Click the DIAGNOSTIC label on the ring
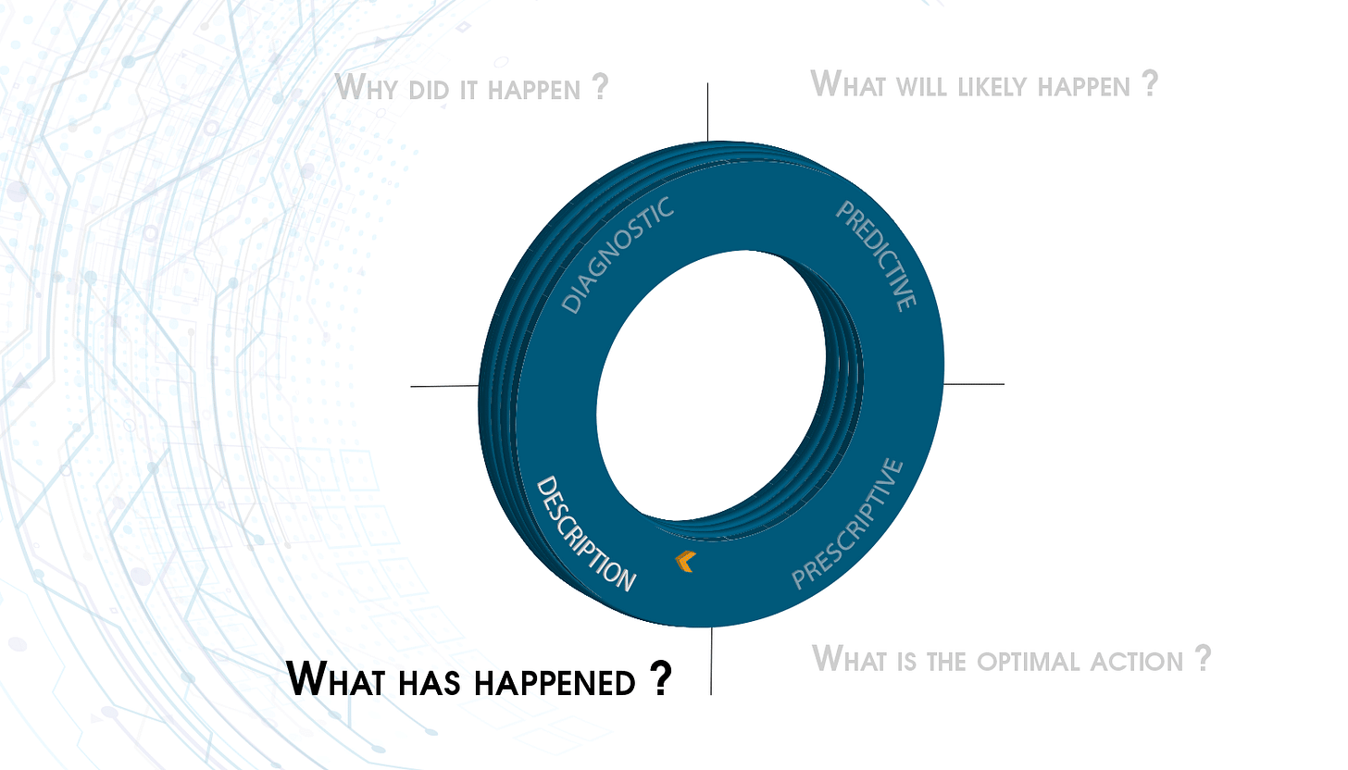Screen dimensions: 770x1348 pyautogui.click(x=618, y=256)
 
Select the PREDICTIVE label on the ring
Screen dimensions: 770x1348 pyautogui.click(x=876, y=255)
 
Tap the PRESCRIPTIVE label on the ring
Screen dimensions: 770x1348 pyautogui.click(x=848, y=525)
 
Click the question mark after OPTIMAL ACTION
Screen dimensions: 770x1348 pyautogui.click(x=1202, y=658)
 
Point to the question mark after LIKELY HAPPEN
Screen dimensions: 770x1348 pyautogui.click(x=1149, y=83)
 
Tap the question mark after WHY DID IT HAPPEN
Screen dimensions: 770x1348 pyautogui.click(x=600, y=87)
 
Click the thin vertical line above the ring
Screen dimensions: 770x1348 pyautogui.click(x=708, y=111)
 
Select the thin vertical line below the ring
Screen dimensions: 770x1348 pyautogui.click(x=711, y=662)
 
